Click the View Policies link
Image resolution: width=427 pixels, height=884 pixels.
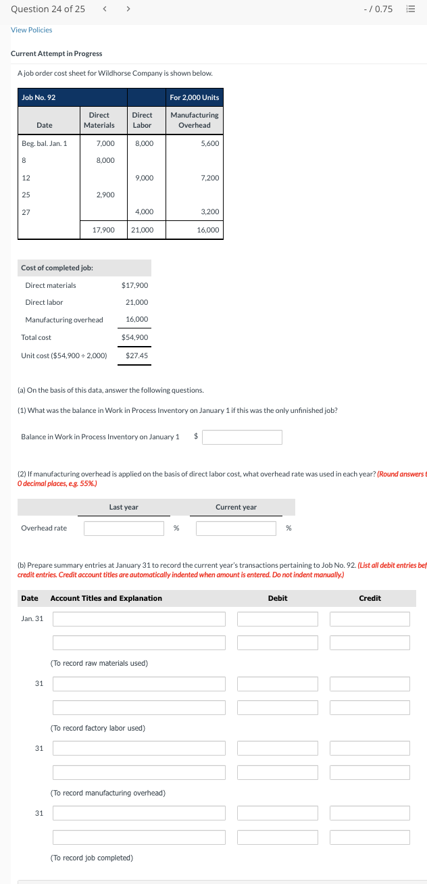pyautogui.click(x=31, y=30)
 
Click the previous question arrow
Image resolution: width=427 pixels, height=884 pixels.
pyautogui.click(x=104, y=9)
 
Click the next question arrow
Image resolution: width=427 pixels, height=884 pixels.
pyautogui.click(x=128, y=9)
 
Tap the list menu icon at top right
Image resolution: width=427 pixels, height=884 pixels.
pyautogui.click(x=409, y=9)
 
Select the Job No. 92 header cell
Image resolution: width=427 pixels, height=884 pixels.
pyautogui.click(x=39, y=98)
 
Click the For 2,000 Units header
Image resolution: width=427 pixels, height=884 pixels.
pyautogui.click(x=194, y=98)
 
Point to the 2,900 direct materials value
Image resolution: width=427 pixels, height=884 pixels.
pyautogui.click(x=105, y=195)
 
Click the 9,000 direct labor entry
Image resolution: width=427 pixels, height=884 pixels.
pyautogui.click(x=144, y=178)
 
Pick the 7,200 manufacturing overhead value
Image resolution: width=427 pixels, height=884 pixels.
pyautogui.click(x=209, y=178)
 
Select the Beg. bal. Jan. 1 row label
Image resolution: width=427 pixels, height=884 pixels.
pyautogui.click(x=45, y=143)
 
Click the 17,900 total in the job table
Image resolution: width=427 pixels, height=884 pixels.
pyautogui.click(x=103, y=230)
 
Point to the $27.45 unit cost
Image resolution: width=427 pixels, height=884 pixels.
pyautogui.click(x=136, y=355)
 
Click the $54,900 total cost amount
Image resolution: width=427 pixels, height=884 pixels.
pyautogui.click(x=134, y=337)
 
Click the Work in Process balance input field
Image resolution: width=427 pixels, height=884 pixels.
pyautogui.click(x=242, y=437)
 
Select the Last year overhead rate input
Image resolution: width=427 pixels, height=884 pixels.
pyautogui.click(x=124, y=528)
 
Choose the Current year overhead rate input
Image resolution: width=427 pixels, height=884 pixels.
pyautogui.click(x=236, y=528)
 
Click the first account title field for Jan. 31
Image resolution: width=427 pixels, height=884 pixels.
pyautogui.click(x=139, y=619)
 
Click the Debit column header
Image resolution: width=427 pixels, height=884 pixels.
pyautogui.click(x=278, y=598)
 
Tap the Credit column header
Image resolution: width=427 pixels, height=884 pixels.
pyautogui.click(x=370, y=598)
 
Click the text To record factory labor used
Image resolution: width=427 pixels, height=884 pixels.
pyautogui.click(x=98, y=728)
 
